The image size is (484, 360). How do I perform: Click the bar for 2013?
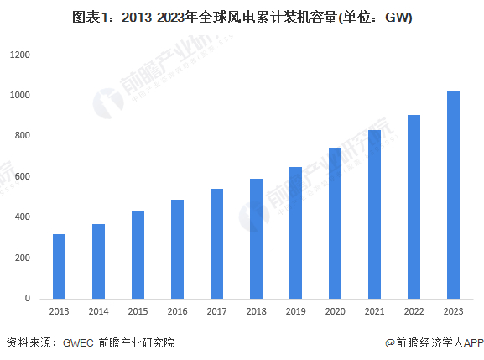[x=59, y=266]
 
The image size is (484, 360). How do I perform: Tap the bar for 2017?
[x=216, y=243]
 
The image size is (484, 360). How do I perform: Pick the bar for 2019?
[x=295, y=232]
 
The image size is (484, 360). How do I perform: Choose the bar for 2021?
[x=374, y=214]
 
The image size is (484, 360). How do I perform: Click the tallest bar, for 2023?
[x=453, y=195]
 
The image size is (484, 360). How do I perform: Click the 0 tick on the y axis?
[x=28, y=298]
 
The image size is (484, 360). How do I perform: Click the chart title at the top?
[x=242, y=18]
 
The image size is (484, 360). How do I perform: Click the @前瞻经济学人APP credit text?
[x=435, y=342]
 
